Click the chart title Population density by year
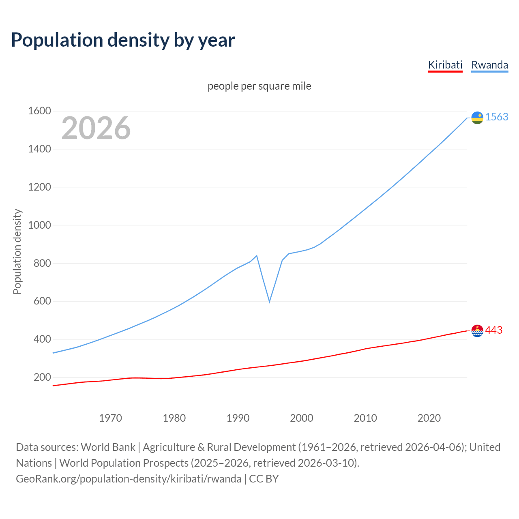click(123, 40)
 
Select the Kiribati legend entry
click(445, 65)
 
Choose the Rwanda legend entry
click(489, 65)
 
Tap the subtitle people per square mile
click(259, 86)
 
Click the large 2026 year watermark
click(96, 128)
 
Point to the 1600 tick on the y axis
click(39, 111)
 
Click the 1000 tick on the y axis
click(39, 225)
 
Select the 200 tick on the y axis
click(42, 377)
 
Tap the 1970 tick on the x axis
click(110, 418)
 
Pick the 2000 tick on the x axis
click(301, 418)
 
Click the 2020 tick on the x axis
click(429, 418)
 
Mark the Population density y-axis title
click(17, 251)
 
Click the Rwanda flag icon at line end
click(477, 118)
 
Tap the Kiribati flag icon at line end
click(477, 331)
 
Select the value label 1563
click(497, 117)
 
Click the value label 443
click(493, 330)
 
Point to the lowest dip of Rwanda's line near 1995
click(269, 301)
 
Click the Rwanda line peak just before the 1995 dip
click(257, 255)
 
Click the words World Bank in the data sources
click(108, 447)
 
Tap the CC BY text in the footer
click(264, 478)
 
